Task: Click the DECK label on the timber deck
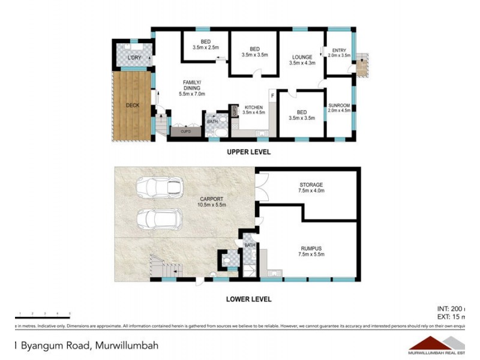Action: coord(133,106)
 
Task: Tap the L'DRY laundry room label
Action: coord(134,58)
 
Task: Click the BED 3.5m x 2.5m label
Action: coord(206,44)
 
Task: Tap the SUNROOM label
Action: coord(338,108)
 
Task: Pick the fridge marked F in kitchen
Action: coord(272,96)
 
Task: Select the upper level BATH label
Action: coord(212,121)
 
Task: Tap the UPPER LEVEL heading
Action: coord(248,152)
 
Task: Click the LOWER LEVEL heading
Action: coord(248,299)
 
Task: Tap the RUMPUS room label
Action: coord(311,251)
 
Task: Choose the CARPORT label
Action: coord(212,201)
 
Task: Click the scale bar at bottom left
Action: coord(43,317)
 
